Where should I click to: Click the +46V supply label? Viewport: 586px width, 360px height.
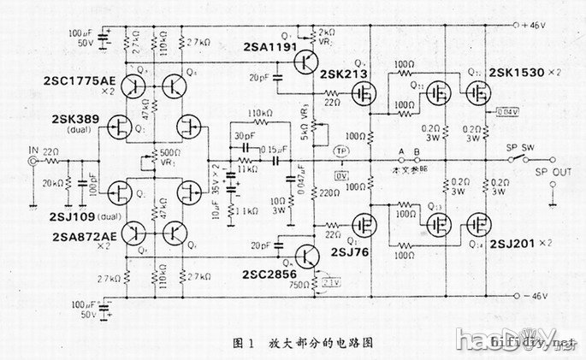click(534, 27)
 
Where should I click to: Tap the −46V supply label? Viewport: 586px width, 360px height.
click(534, 297)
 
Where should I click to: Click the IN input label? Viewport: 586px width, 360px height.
click(33, 152)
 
